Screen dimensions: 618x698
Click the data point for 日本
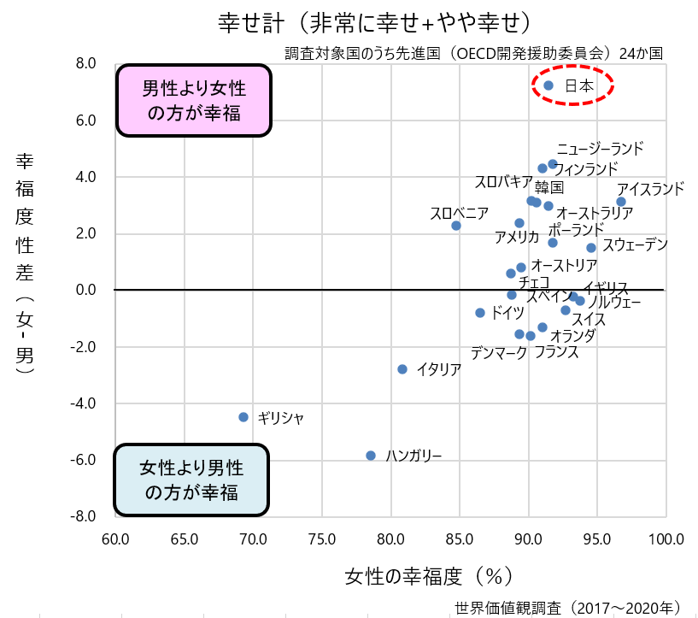548,85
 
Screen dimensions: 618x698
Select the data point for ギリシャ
243,417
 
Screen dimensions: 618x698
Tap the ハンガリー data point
371,456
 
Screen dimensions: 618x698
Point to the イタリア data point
402,369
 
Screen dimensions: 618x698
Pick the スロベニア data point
456,226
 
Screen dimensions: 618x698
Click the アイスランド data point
621,202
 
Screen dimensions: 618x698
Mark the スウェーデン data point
591,248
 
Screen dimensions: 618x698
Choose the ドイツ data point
480,313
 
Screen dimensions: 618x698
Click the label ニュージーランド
600,149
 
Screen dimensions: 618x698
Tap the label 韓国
549,187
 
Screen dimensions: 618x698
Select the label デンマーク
499,352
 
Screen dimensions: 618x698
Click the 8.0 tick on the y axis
85,64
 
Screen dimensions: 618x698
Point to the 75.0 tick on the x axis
322,539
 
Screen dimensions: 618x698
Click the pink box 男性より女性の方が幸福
192,100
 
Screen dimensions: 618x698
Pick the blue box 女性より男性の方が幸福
191,480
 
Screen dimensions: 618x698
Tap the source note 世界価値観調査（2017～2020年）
568,608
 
